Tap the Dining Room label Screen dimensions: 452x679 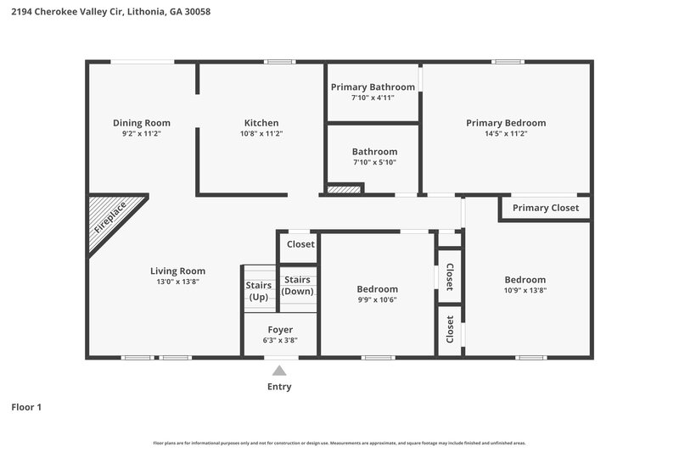click(142, 123)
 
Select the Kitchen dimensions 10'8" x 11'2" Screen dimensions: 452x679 click(261, 133)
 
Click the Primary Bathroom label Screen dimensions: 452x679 click(373, 86)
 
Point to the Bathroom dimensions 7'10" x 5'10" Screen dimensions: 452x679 click(373, 162)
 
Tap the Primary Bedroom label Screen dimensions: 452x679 click(506, 123)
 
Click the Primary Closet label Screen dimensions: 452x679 click(546, 208)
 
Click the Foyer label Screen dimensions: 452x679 click(280, 330)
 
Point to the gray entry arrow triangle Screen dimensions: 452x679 click(279, 370)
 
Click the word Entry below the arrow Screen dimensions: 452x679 click(279, 387)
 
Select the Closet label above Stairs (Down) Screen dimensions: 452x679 click(300, 244)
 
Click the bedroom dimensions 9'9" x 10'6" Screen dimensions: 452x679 click(377, 299)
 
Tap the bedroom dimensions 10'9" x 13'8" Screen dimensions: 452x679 click(525, 290)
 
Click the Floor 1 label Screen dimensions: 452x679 click(26, 407)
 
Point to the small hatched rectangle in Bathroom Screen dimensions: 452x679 click(344, 189)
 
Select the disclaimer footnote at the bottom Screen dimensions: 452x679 click(339, 443)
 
